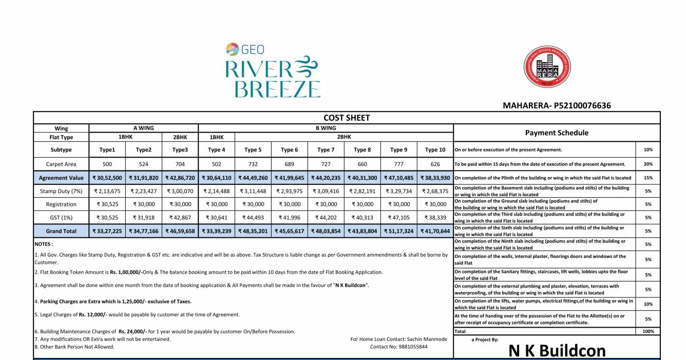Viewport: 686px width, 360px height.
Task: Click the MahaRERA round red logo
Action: coord(547,67)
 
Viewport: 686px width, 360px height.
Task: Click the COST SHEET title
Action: coord(347,118)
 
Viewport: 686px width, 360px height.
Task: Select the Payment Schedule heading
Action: coord(557,132)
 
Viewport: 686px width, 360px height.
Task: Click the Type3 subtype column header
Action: coord(180,150)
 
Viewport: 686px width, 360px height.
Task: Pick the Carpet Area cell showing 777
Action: coord(398,164)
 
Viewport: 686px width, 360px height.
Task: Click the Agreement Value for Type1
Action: coord(107,178)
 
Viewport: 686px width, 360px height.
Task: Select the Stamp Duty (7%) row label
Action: coord(61,191)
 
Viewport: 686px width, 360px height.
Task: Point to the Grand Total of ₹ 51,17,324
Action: coord(398,231)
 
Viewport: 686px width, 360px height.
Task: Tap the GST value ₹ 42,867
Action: coord(180,218)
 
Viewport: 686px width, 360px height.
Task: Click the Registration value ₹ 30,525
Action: coord(107,204)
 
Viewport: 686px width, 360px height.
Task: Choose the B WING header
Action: coord(326,128)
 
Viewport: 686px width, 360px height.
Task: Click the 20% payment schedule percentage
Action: coord(648,164)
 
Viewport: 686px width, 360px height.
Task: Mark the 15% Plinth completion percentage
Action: coord(648,178)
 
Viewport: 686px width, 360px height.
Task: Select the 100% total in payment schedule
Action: coord(648,332)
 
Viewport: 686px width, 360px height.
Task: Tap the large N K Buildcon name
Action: coord(557,351)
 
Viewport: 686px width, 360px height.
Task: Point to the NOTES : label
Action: coord(44,244)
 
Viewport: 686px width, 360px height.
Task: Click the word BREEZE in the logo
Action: coord(277,88)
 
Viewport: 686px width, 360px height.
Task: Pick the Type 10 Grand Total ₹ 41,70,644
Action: coord(435,231)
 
